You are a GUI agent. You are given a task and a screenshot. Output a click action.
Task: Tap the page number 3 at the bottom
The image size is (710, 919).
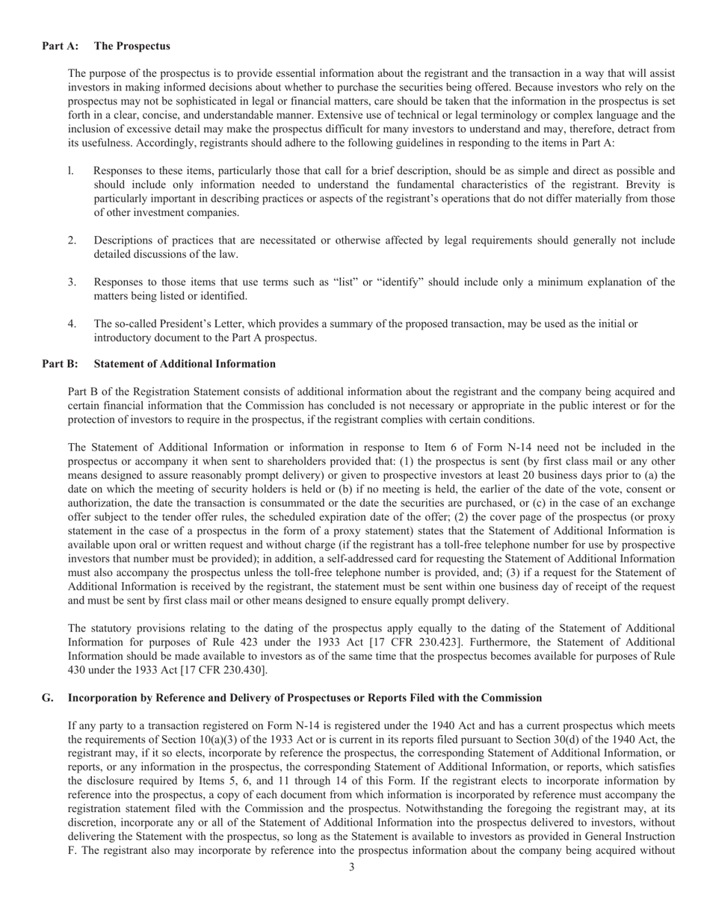click(x=351, y=867)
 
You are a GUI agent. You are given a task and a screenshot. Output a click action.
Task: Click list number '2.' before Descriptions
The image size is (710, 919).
click(x=72, y=241)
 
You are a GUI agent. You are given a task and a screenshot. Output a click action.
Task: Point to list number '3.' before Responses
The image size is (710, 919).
click(x=72, y=282)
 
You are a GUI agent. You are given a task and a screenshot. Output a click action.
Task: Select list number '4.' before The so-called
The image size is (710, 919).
click(x=72, y=324)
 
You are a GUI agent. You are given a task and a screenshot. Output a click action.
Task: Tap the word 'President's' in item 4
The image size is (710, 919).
click(x=178, y=324)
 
